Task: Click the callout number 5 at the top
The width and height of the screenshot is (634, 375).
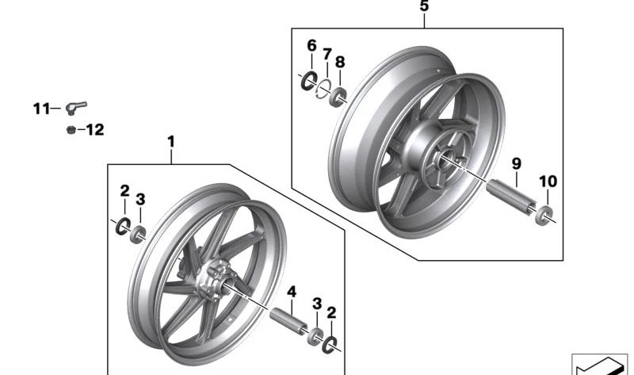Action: (x=424, y=6)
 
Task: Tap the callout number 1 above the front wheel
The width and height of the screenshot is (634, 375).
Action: (x=171, y=142)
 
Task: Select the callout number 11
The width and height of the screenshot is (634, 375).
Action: (x=41, y=109)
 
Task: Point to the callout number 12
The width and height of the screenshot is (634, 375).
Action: (x=95, y=130)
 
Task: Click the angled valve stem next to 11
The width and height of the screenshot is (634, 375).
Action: (x=75, y=107)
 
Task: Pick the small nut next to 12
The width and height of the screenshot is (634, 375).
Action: (x=71, y=130)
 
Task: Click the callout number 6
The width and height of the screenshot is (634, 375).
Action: (x=311, y=46)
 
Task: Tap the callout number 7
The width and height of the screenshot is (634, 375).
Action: (x=327, y=54)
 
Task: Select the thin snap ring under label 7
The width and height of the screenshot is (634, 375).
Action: (x=323, y=89)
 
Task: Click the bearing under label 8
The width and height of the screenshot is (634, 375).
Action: (x=338, y=97)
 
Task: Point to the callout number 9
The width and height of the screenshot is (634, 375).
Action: (x=517, y=164)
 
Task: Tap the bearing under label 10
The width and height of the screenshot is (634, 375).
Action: (x=544, y=215)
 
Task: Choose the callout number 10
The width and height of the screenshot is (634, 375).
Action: (x=548, y=182)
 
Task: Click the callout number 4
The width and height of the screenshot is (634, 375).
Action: (x=292, y=292)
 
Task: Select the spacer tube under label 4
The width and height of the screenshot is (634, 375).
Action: (x=288, y=321)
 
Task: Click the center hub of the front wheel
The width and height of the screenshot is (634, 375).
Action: (x=213, y=280)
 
